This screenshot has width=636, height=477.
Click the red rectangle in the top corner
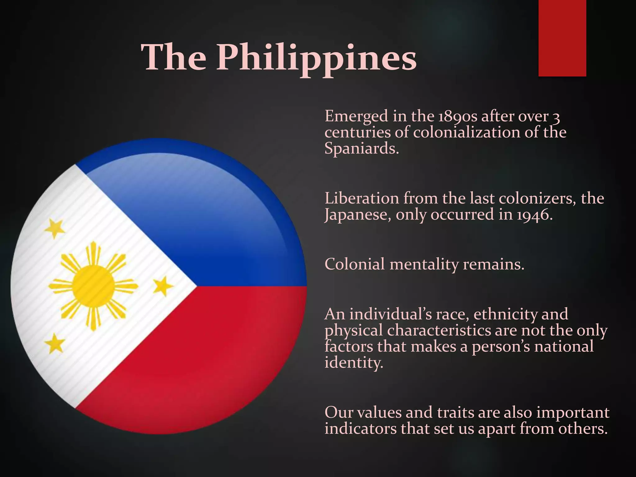point(562,38)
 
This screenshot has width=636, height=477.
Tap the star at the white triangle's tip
point(163,286)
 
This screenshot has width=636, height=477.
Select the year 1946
point(534,214)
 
